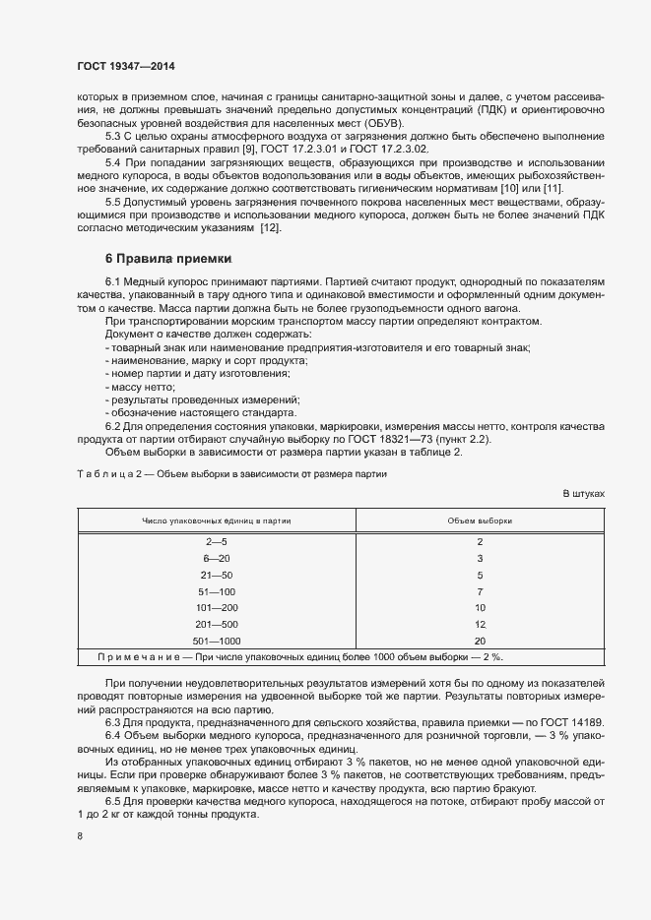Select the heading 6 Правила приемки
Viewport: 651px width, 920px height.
tap(167, 260)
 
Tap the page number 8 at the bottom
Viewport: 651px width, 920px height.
tap(79, 836)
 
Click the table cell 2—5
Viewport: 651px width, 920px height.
tap(216, 542)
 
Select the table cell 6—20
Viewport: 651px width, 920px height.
tap(216, 558)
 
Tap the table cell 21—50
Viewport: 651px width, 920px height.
tap(216, 575)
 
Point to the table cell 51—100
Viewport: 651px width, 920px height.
tap(216, 591)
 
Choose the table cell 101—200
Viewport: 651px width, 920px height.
tap(216, 608)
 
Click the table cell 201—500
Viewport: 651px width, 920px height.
tap(216, 625)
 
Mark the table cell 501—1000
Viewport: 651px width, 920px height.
tap(216, 641)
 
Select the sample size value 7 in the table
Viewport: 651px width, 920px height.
tap(480, 591)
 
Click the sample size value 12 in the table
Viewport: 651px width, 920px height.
tap(480, 625)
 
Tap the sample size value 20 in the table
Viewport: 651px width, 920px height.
tap(480, 641)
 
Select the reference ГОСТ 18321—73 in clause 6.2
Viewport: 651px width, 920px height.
tap(415, 439)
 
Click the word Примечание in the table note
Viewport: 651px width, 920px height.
tap(140, 657)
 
